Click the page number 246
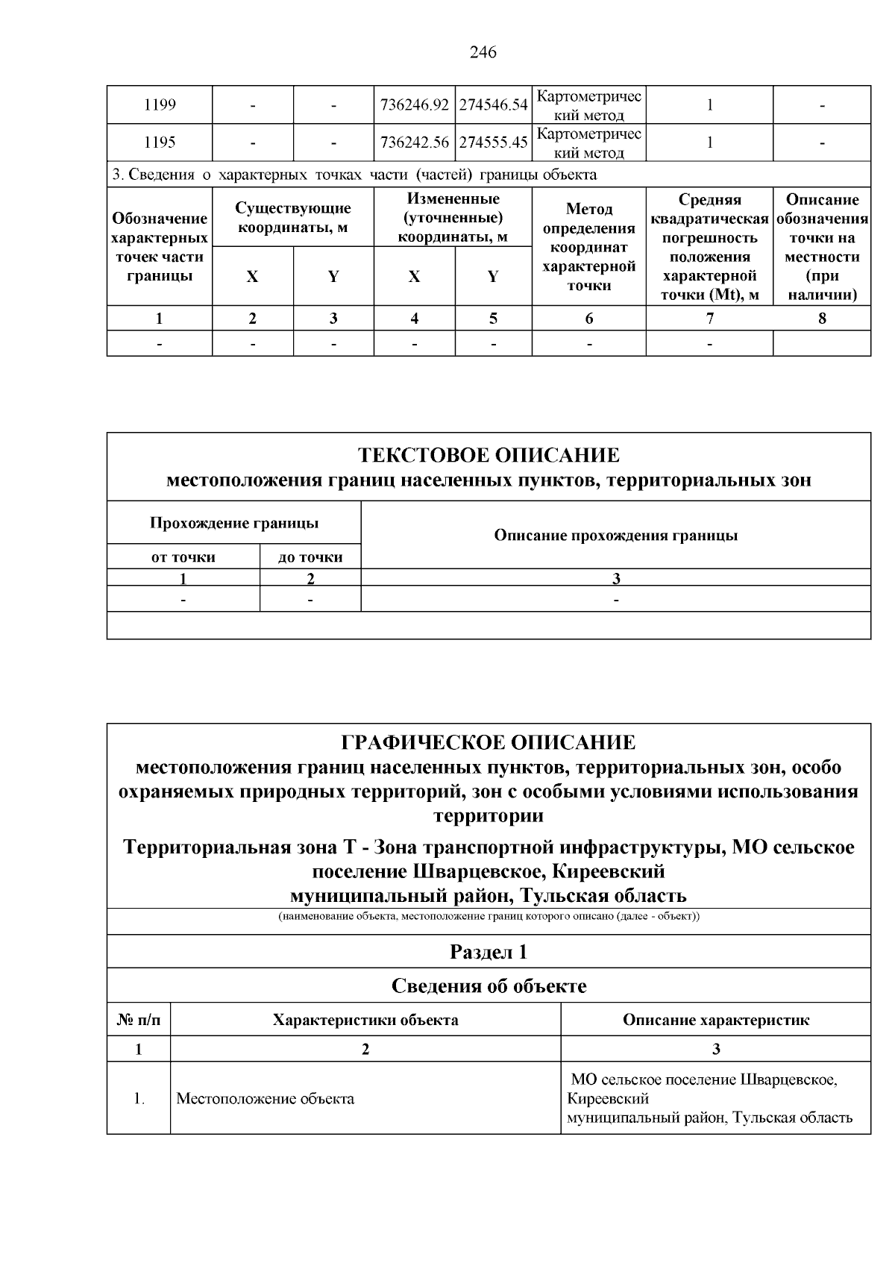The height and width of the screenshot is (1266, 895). point(483,52)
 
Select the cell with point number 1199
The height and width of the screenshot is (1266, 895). point(160,105)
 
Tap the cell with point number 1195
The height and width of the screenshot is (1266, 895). point(160,142)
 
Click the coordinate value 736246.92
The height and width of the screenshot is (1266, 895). point(414,105)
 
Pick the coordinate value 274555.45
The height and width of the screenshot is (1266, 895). point(493,142)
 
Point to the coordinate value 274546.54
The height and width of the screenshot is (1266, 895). point(493,105)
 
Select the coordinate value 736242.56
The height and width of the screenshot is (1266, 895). point(414,142)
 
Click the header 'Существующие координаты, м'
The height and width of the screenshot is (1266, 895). point(292,218)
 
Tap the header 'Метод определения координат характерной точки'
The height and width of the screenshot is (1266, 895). point(588,247)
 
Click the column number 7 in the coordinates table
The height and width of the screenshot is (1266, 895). point(709,319)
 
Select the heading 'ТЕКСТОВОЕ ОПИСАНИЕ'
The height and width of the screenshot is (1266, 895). point(489,455)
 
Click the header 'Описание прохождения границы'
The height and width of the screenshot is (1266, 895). point(615,536)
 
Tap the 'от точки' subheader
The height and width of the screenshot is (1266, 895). point(183,557)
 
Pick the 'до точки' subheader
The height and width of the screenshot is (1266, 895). point(310,557)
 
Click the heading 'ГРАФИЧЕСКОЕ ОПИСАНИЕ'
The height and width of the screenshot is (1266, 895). point(489,742)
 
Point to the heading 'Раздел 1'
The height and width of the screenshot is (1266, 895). point(489,952)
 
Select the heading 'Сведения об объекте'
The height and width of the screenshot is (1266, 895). point(489,986)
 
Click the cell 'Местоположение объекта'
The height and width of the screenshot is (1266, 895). point(265,1099)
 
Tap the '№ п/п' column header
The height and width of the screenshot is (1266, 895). point(138,1020)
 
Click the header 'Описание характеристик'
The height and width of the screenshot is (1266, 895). point(715,1020)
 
